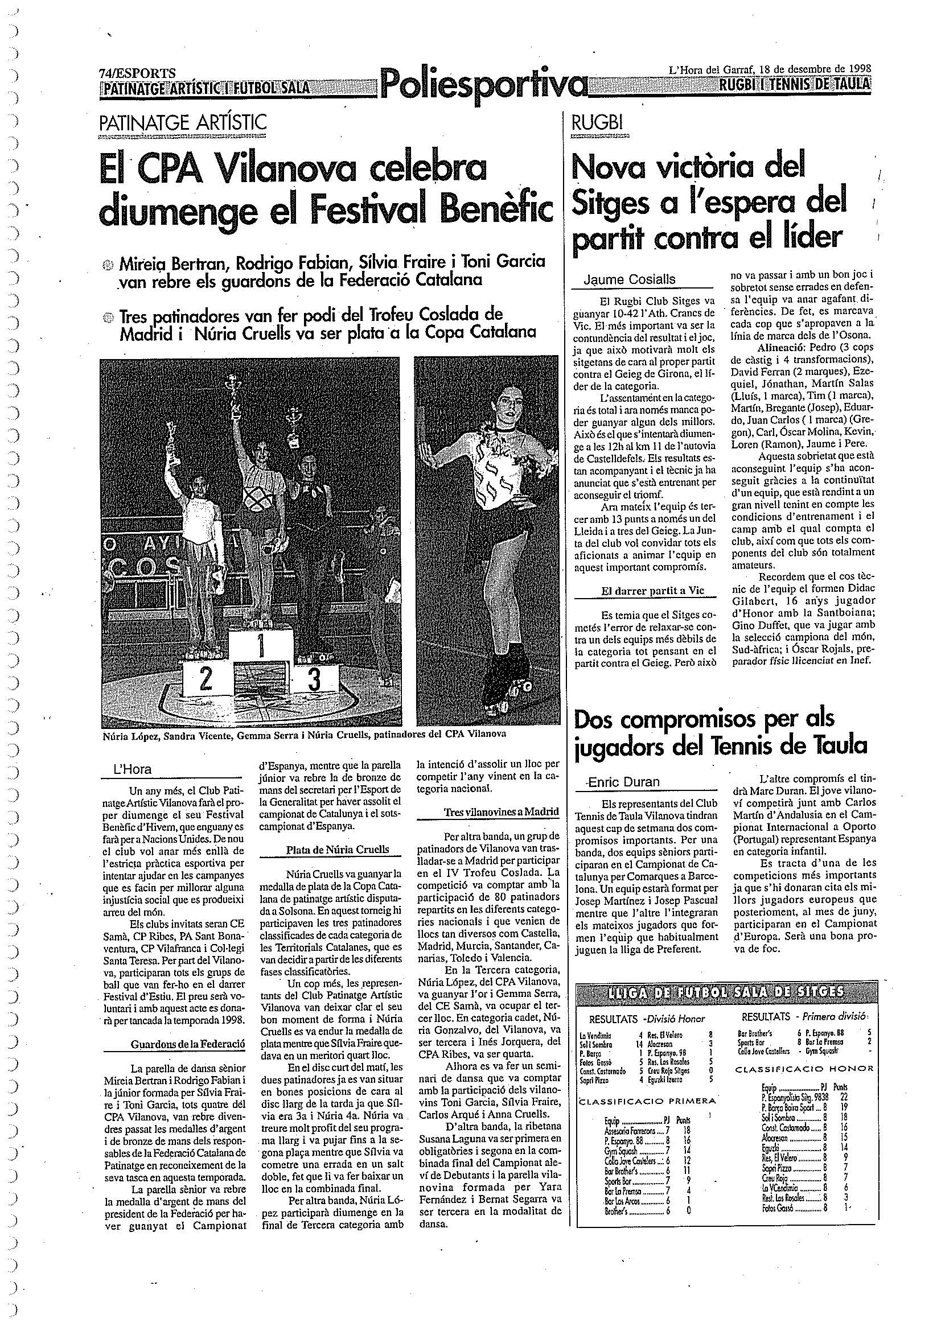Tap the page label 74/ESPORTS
click(137, 73)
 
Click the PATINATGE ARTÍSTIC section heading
click(183, 122)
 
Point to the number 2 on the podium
click(206, 679)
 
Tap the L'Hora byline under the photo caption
click(133, 769)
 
